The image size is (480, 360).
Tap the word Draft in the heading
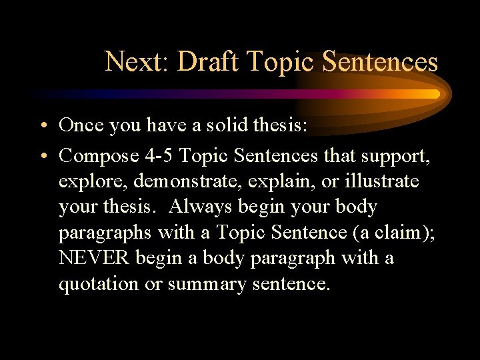(x=209, y=62)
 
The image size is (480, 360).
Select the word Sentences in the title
(x=380, y=62)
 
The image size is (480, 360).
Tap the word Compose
(x=98, y=156)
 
